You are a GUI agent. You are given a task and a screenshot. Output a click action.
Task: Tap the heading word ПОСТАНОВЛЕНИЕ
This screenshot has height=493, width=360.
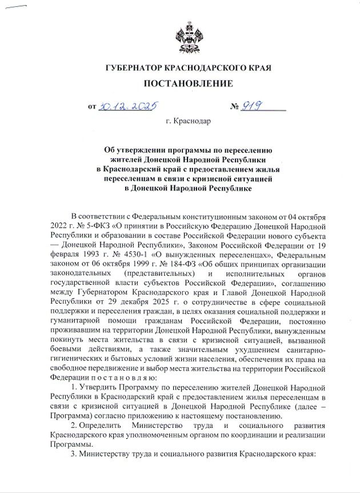[x=188, y=84]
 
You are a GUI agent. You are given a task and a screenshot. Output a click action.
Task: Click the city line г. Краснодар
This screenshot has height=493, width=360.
[x=188, y=121]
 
